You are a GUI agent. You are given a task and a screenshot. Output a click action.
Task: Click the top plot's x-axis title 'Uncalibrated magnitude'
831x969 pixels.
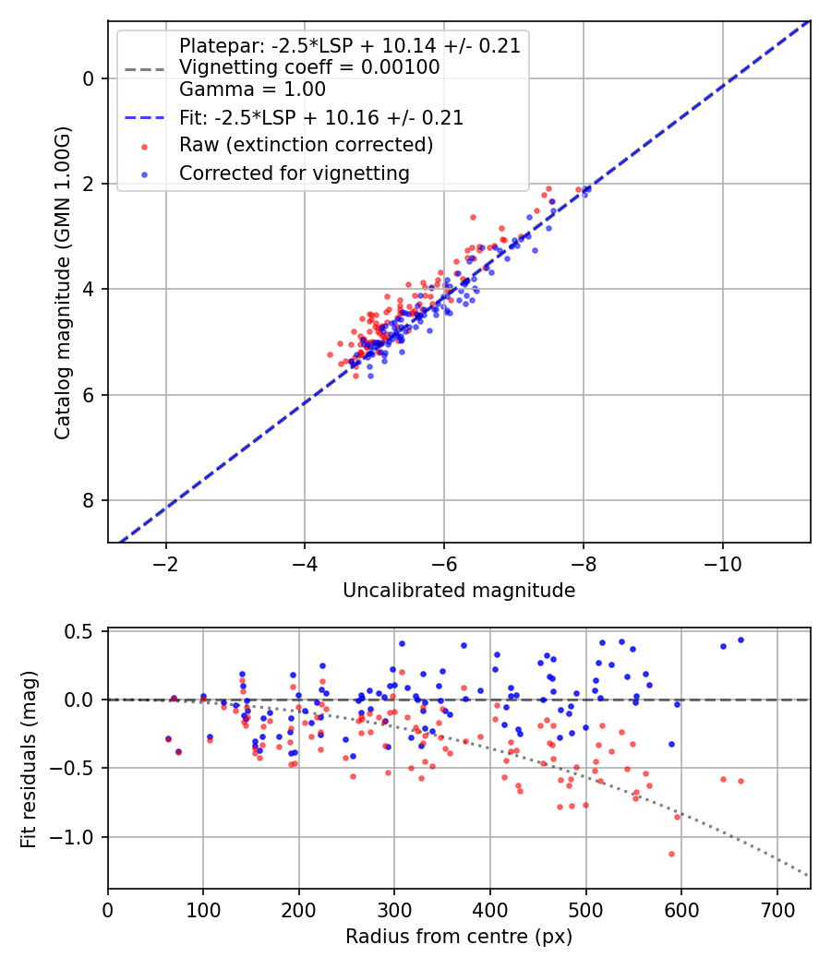pyautogui.click(x=459, y=591)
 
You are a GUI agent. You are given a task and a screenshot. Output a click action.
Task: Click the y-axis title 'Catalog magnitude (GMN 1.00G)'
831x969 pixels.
pyautogui.click(x=63, y=281)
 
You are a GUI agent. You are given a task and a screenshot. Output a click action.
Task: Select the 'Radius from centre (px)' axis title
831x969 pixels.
pyautogui.click(x=459, y=937)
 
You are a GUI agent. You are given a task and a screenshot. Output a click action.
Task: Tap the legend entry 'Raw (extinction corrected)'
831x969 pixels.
pyautogui.click(x=306, y=145)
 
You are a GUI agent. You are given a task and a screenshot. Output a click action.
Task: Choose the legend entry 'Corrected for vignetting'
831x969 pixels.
pyautogui.click(x=294, y=173)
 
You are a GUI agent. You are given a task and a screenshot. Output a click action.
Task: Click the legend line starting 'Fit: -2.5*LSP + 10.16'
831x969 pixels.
pyautogui.click(x=321, y=117)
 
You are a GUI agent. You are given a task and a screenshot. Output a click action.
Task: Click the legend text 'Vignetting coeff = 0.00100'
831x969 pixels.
pyautogui.click(x=309, y=67)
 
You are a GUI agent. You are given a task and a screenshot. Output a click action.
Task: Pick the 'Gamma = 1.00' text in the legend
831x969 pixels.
pyautogui.click(x=252, y=90)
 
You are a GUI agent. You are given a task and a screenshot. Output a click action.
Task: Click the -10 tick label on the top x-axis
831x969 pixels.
pyautogui.click(x=722, y=564)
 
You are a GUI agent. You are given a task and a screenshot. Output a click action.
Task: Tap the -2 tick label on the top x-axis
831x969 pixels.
pyautogui.click(x=165, y=564)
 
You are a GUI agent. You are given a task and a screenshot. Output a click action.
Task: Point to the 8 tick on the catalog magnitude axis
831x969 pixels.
pyautogui.click(x=89, y=501)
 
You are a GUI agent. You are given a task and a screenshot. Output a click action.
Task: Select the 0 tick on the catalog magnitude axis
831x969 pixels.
pyautogui.click(x=89, y=78)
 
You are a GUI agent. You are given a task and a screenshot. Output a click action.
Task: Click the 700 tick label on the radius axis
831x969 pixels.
pyautogui.click(x=777, y=910)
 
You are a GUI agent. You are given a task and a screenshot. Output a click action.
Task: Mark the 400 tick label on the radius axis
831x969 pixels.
pyautogui.click(x=490, y=910)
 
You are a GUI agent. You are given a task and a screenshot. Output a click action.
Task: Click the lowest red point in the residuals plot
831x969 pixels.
pyautogui.click(x=671, y=854)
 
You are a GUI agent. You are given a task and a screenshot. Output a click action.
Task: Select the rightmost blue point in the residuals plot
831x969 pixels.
pyautogui.click(x=741, y=640)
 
